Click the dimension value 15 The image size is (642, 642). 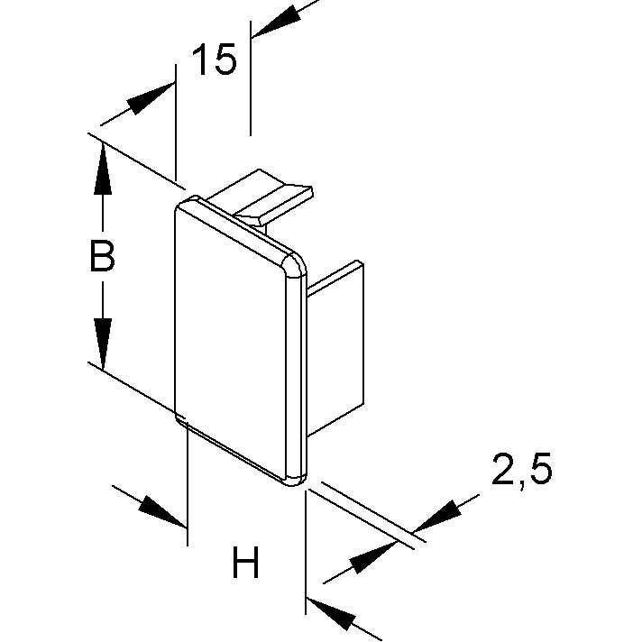(214, 60)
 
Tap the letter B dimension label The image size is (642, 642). (102, 256)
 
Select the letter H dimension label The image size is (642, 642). (245, 563)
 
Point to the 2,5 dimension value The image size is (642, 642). (521, 470)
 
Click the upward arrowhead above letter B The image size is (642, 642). (103, 169)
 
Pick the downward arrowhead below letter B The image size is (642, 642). (103, 344)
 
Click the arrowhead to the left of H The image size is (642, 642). (161, 512)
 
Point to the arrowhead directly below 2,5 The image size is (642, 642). (436, 516)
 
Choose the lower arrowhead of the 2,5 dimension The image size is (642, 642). (372, 557)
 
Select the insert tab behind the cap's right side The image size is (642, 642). (335, 348)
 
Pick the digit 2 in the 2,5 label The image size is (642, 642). (504, 469)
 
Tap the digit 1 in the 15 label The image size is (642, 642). (200, 60)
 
